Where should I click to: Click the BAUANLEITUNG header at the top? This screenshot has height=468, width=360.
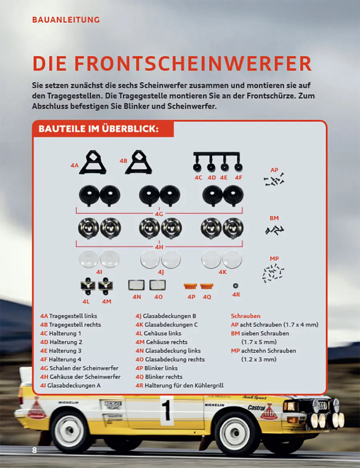[66, 20]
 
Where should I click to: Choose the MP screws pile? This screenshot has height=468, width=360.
[274, 273]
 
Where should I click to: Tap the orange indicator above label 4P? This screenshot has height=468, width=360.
[190, 286]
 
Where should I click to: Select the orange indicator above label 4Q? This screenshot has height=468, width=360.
[207, 286]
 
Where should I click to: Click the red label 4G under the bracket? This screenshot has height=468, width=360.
[159, 214]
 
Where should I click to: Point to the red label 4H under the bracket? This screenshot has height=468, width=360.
[159, 247]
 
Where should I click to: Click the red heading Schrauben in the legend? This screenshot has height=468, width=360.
[246, 316]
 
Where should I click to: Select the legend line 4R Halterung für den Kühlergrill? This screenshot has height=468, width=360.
[179, 386]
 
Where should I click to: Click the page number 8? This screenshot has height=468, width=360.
[34, 450]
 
